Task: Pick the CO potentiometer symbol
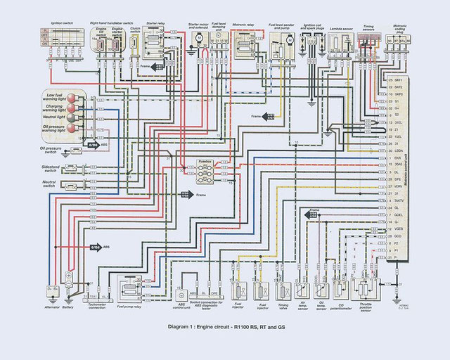pos(341,288)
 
